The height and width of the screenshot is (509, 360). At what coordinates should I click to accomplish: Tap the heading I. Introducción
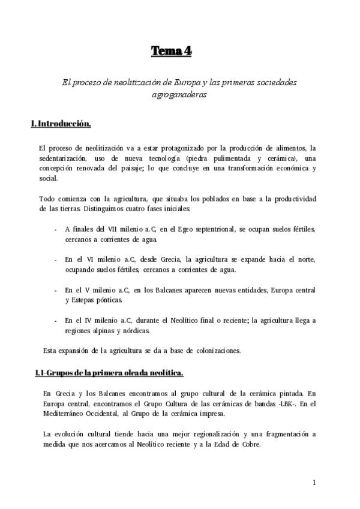point(61,124)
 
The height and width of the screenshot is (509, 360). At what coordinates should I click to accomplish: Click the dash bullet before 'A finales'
point(56,229)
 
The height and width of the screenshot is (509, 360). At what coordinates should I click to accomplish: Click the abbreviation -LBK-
point(269,403)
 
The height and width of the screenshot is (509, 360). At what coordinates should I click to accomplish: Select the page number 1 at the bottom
point(314,482)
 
